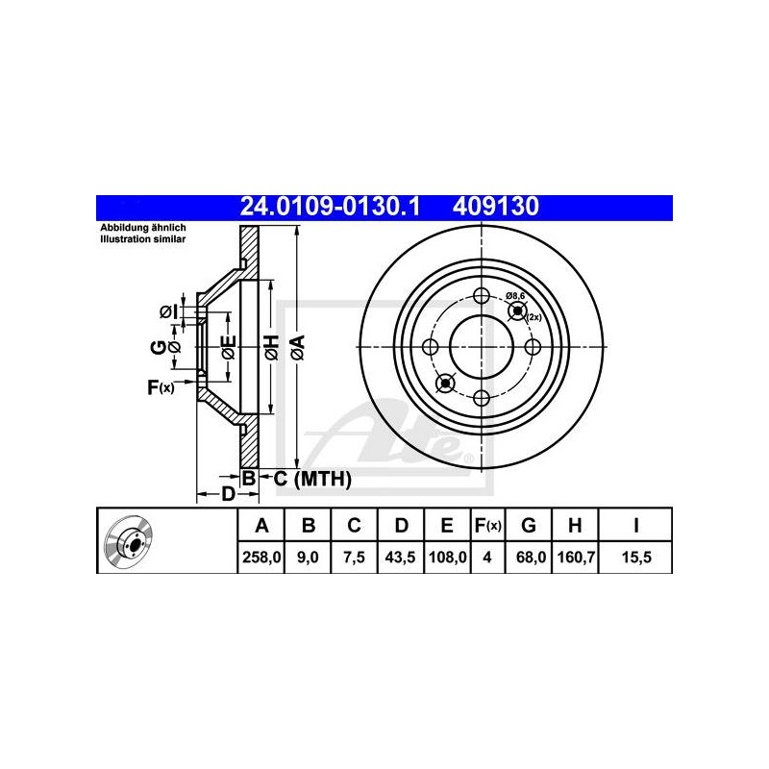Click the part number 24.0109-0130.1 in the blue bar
(x=330, y=207)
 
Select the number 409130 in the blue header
(x=496, y=207)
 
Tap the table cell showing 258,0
(x=261, y=558)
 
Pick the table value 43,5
(x=401, y=558)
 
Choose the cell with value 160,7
(x=576, y=558)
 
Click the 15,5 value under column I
(x=636, y=558)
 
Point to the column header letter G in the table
(x=528, y=526)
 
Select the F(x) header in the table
(x=488, y=526)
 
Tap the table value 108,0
(x=447, y=558)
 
